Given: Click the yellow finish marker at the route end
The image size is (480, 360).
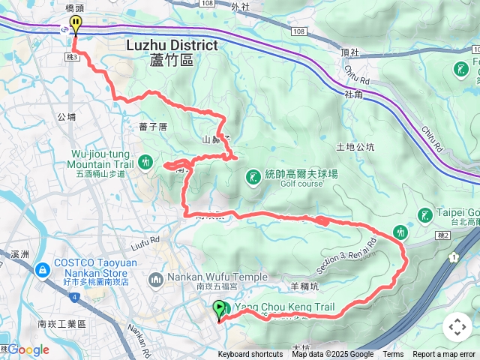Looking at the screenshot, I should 75,25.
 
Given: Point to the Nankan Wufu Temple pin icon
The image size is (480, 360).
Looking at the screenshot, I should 156,280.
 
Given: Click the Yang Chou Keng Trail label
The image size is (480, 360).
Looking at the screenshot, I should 284,307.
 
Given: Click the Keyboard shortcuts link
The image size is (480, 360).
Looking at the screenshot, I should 250,355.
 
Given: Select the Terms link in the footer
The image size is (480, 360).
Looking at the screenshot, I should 393,355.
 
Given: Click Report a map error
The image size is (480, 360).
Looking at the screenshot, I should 444,355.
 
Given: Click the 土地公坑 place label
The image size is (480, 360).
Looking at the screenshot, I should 355,147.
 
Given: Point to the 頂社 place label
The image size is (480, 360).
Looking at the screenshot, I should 350,53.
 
